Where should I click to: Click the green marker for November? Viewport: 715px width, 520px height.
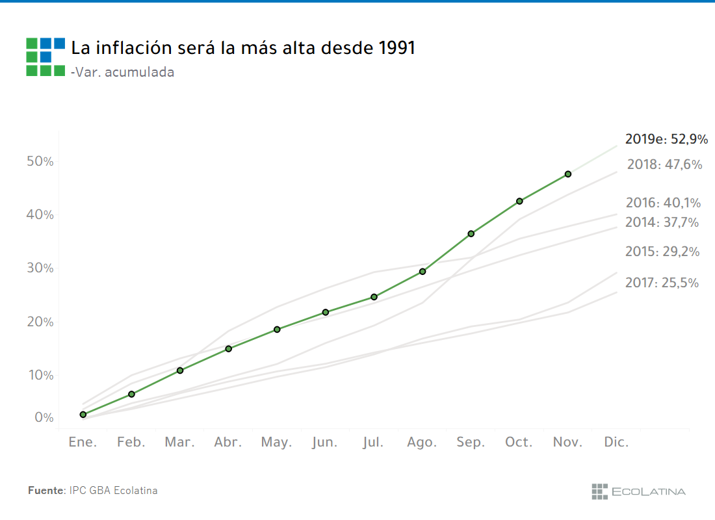(568, 174)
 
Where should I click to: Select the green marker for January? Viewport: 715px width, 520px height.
(83, 415)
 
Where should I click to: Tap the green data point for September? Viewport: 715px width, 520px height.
(471, 233)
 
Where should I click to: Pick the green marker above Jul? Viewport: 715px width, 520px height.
(374, 297)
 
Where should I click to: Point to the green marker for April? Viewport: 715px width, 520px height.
(229, 349)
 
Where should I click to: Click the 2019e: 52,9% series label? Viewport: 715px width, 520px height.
(666, 139)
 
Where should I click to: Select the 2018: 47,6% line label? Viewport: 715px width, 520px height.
(664, 164)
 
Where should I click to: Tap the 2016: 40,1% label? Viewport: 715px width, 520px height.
(663, 203)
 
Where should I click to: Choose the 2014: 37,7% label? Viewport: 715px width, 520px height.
(662, 222)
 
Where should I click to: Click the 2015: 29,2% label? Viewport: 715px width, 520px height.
(662, 252)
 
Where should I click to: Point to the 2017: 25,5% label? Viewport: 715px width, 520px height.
(662, 283)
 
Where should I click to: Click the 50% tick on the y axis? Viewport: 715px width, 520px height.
(40, 161)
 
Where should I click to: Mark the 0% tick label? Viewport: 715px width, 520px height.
(44, 417)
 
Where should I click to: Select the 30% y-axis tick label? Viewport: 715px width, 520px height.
(40, 268)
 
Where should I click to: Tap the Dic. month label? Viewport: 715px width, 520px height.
(616, 443)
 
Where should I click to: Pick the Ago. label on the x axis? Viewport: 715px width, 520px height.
(422, 443)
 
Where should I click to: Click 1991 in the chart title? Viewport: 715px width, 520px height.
(396, 48)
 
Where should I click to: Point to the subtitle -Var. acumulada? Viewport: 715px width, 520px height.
(122, 72)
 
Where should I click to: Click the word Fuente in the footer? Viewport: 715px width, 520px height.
(46, 491)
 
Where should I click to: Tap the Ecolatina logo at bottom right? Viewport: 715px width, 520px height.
(638, 491)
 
